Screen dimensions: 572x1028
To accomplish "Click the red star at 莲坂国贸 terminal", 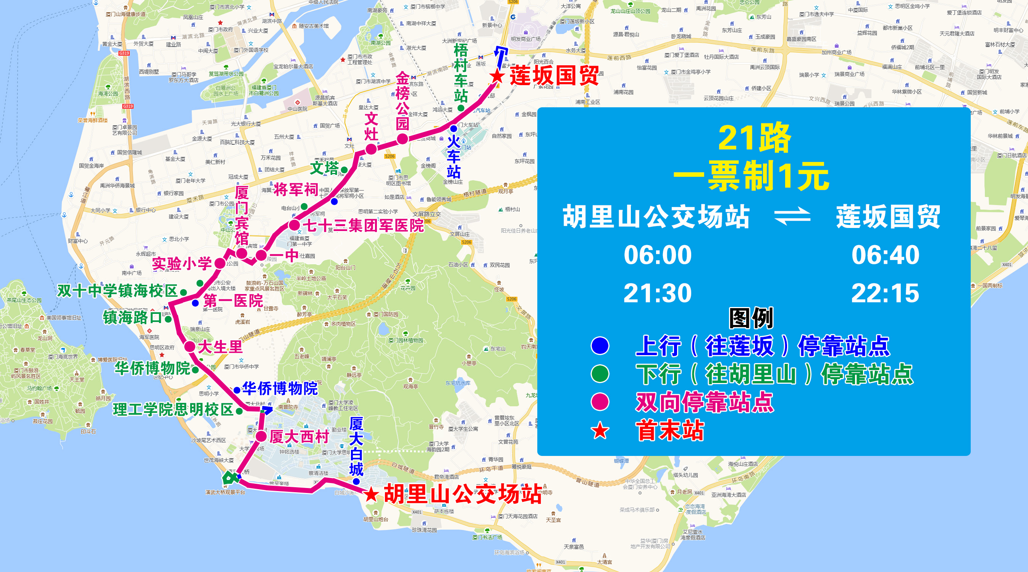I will coord(497,76).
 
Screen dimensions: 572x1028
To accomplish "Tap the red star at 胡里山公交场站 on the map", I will coord(371,494).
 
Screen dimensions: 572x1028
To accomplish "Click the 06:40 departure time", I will coord(885,255).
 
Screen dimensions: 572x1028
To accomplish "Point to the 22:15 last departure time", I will coord(885,293).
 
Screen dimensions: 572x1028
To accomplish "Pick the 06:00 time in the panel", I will coord(658,255).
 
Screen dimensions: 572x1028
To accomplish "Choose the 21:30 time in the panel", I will coord(658,293).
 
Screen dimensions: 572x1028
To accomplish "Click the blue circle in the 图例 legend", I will coord(600,346).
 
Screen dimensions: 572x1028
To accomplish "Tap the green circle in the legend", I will coord(600,373).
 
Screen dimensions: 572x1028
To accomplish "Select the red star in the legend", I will coord(600,431).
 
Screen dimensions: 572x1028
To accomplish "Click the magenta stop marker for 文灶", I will coord(371,149).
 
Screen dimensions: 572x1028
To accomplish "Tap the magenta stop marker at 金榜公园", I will coord(402,139).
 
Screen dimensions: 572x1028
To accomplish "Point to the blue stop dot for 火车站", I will coord(453,129).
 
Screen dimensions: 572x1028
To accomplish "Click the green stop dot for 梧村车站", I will coord(461,108).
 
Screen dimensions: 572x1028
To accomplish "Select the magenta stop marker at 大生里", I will coord(189,346).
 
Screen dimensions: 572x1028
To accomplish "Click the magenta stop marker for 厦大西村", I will coord(261,436).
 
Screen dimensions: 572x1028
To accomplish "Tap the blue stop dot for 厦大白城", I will coord(356,482).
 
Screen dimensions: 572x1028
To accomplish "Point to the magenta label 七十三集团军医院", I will coord(363,226).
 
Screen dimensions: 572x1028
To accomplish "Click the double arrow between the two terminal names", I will coord(792,217).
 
